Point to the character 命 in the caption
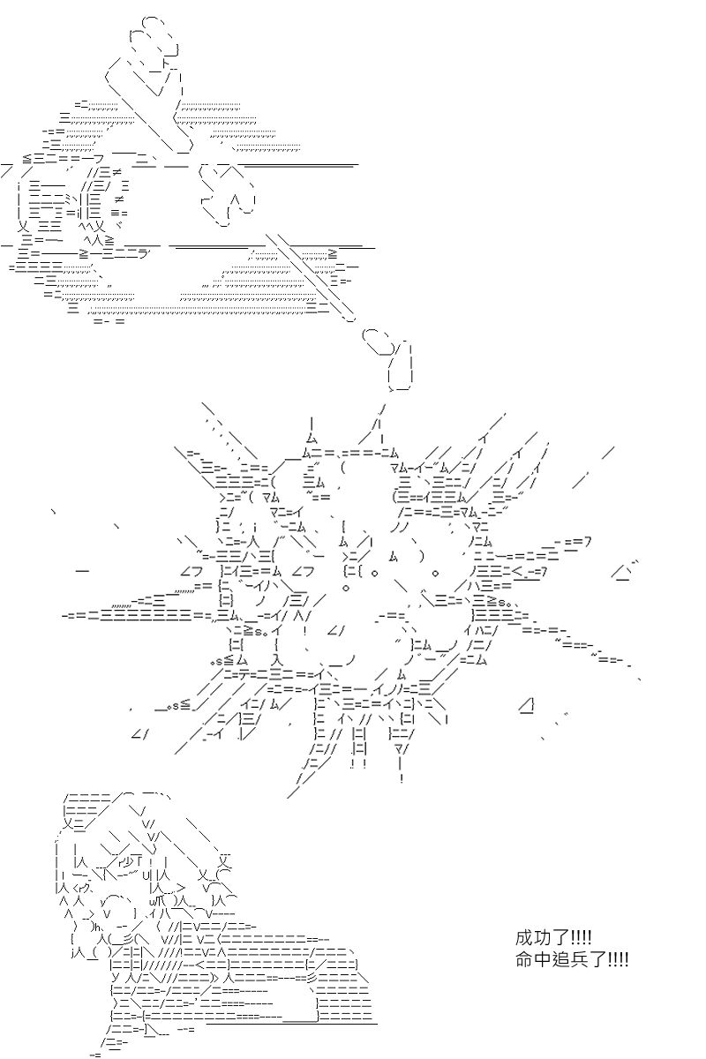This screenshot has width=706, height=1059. pyautogui.click(x=525, y=958)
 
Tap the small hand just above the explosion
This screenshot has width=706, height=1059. pyautogui.click(x=395, y=357)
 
